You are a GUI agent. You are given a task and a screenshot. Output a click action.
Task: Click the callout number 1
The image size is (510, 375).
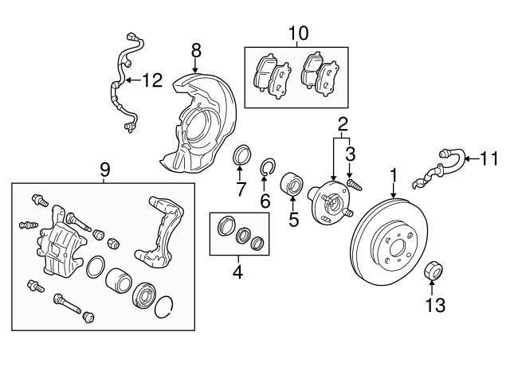coord(393,174)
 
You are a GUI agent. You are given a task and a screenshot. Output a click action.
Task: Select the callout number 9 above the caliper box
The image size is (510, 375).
coord(104,170)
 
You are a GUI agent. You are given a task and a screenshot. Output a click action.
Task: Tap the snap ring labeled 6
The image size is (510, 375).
coord(269,167)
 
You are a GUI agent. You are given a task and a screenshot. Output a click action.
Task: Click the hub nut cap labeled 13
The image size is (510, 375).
coord(434,271)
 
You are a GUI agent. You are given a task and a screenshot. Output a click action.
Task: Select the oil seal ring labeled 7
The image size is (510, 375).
coord(241,154)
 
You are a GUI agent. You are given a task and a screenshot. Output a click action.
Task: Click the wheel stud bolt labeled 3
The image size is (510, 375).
coord(355,185)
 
